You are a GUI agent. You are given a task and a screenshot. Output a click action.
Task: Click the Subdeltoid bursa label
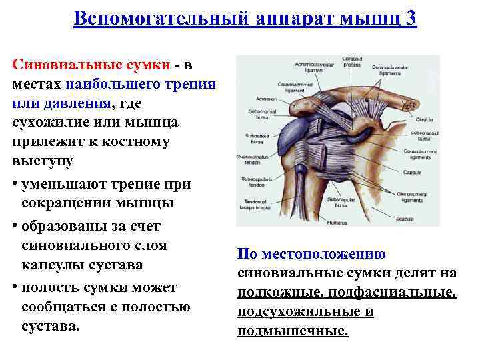[256, 139]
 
